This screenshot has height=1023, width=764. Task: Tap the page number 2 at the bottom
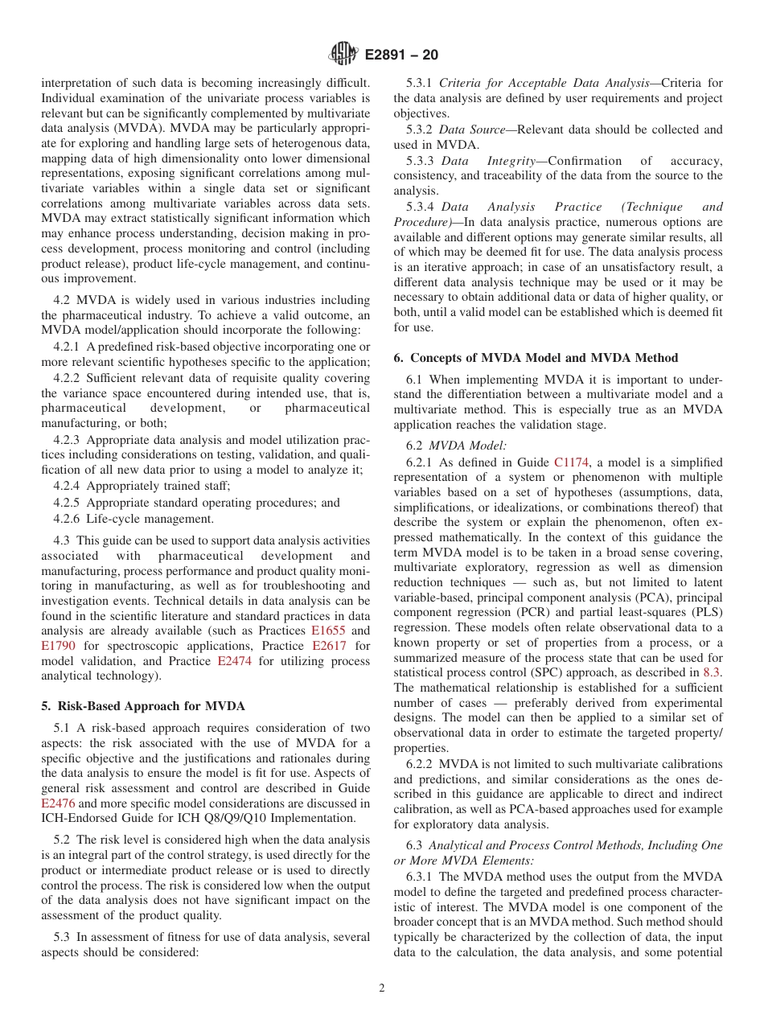[382, 988]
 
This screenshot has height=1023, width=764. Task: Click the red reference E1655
[327, 631]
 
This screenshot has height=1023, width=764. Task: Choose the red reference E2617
[329, 646]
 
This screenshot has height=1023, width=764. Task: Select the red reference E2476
[58, 803]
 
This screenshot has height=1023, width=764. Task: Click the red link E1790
[58, 646]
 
